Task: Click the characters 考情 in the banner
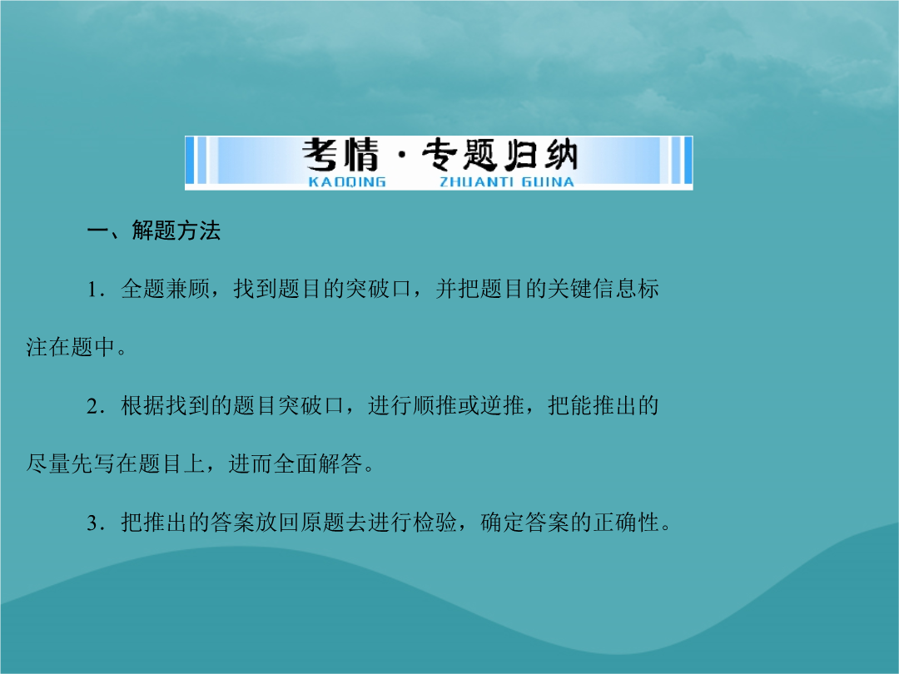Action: (x=340, y=155)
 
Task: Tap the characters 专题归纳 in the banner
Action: (x=499, y=155)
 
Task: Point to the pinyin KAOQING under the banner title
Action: (x=347, y=182)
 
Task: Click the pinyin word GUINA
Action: (x=548, y=182)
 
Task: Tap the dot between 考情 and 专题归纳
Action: (x=401, y=156)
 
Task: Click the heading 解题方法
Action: (x=176, y=230)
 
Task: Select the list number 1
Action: (x=92, y=290)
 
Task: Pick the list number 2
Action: (x=92, y=406)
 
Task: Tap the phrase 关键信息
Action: (x=592, y=289)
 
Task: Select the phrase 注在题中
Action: (x=71, y=347)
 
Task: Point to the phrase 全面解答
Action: (x=318, y=464)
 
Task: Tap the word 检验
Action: (x=435, y=523)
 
